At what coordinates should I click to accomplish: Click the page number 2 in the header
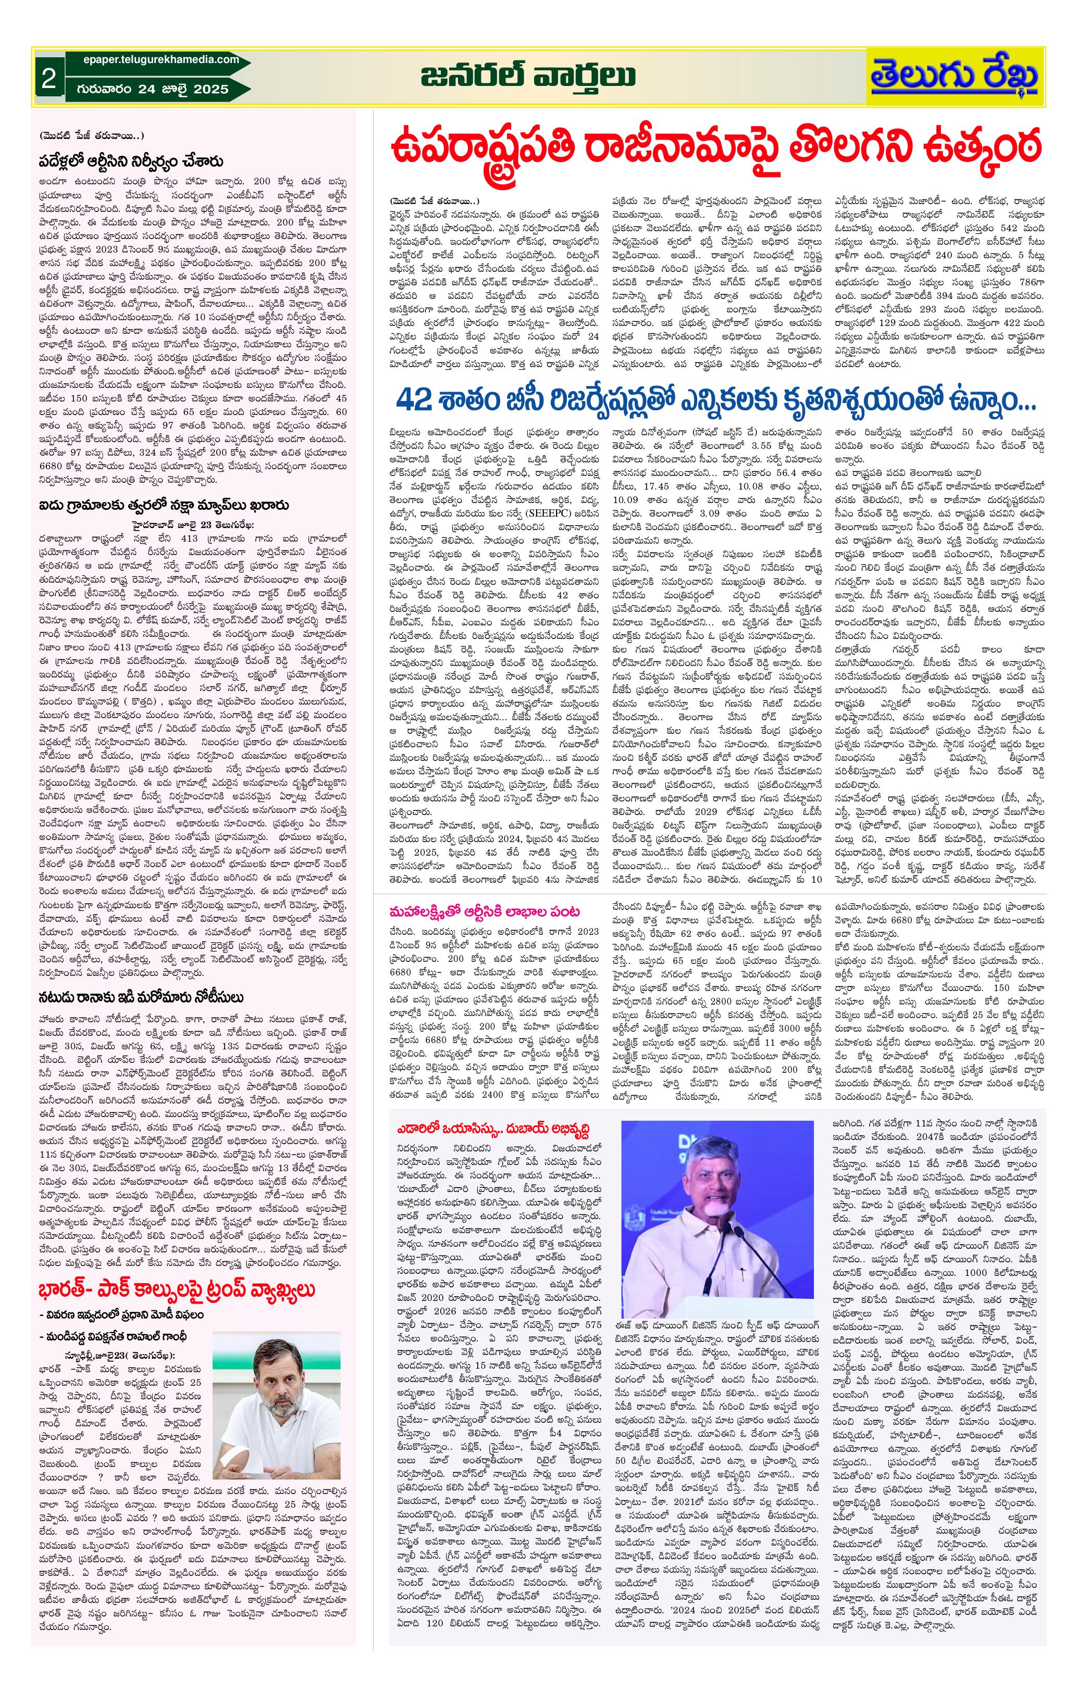click(x=48, y=78)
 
